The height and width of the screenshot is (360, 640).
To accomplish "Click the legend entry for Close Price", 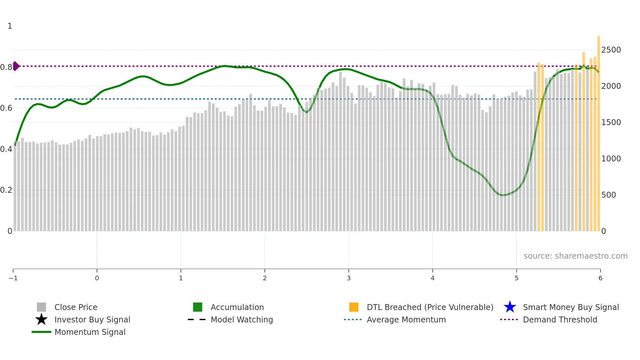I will [76, 307].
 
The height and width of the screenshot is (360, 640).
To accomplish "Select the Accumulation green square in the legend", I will [198, 307].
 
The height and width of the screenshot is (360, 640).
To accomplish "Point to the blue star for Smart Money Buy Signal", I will [510, 307].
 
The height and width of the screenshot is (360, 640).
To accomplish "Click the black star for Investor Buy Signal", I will [41, 319].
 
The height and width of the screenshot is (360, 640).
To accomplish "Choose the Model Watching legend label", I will [242, 319].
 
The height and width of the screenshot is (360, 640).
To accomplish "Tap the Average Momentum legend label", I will [406, 319].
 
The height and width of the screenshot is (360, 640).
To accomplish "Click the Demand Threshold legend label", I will [560, 319].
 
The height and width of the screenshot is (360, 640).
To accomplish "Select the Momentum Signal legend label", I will [90, 332].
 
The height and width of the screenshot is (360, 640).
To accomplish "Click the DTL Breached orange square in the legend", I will [354, 307].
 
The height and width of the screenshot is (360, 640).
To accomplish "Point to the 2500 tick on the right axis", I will [611, 50].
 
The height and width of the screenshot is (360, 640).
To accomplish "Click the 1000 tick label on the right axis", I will [611, 159].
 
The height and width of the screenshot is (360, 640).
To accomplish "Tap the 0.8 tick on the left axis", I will [6, 67].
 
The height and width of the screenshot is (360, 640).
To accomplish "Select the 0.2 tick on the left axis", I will [6, 190].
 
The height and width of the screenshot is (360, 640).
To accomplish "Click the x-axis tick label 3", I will [349, 278].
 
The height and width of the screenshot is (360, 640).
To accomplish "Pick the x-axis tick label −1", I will [13, 278].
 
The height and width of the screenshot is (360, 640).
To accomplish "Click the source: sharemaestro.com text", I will [575, 256].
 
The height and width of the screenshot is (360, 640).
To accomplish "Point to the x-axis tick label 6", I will [600, 278].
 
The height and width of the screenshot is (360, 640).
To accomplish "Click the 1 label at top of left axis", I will [10, 26].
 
